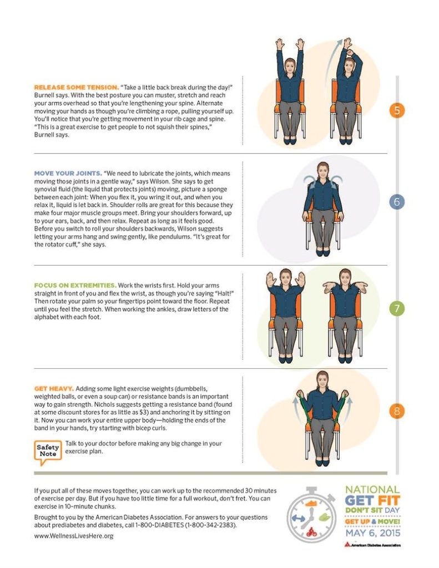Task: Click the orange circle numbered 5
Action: tap(396, 110)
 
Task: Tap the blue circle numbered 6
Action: tap(396, 201)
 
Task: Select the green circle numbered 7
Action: tap(396, 309)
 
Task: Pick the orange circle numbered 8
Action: tap(396, 412)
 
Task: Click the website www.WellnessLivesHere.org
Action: tap(74, 536)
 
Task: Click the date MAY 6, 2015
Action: tap(371, 533)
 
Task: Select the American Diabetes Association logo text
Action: tap(374, 544)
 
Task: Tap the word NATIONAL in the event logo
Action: tap(372, 489)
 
